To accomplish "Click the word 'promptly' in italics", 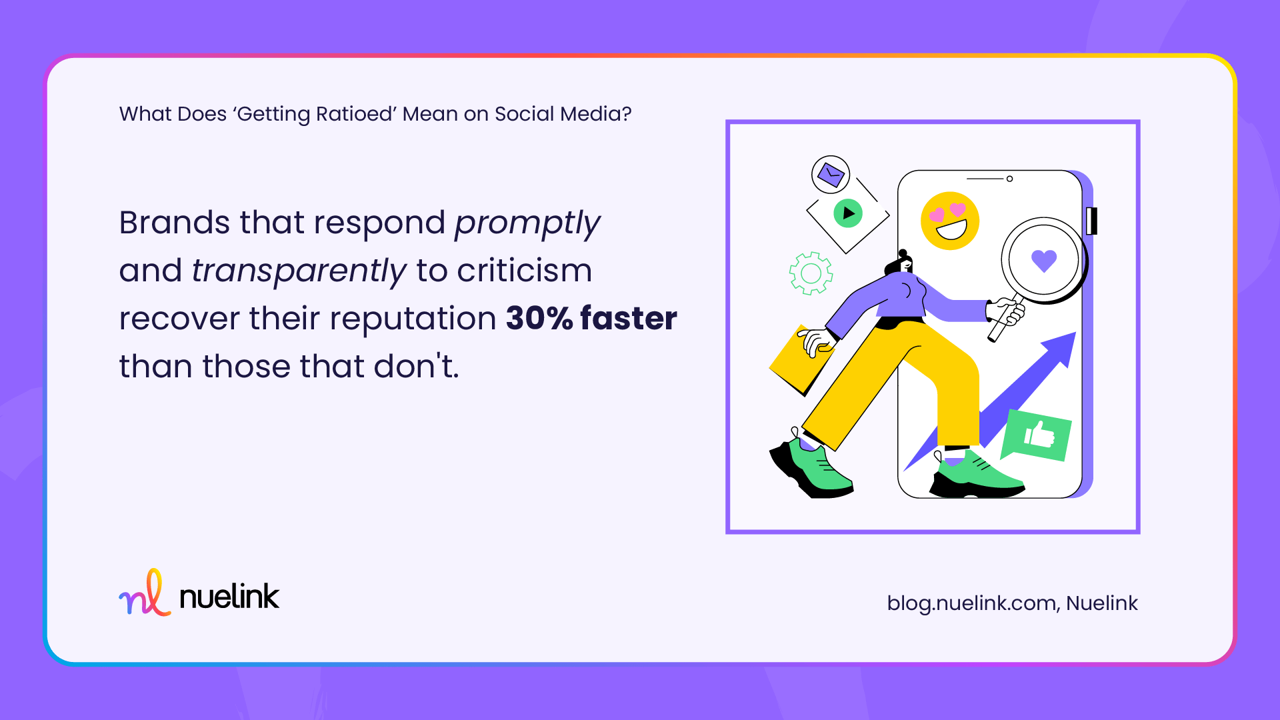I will (x=527, y=224).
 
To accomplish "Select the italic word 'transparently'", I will (x=299, y=272).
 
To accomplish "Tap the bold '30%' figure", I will (x=539, y=319).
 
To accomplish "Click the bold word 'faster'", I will (x=628, y=319).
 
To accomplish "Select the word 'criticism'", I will (x=524, y=271).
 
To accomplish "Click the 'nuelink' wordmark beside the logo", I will (x=229, y=597).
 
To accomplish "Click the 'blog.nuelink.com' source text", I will (x=971, y=603).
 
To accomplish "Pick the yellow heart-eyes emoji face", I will (x=949, y=221).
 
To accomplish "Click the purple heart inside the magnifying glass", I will (x=1043, y=259).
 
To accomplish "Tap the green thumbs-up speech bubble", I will (x=1037, y=435).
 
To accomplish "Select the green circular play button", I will (x=848, y=213).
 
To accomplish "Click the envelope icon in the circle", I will (x=831, y=175).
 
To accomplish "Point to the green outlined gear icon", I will (x=811, y=273).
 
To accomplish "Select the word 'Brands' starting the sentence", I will (x=174, y=223).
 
